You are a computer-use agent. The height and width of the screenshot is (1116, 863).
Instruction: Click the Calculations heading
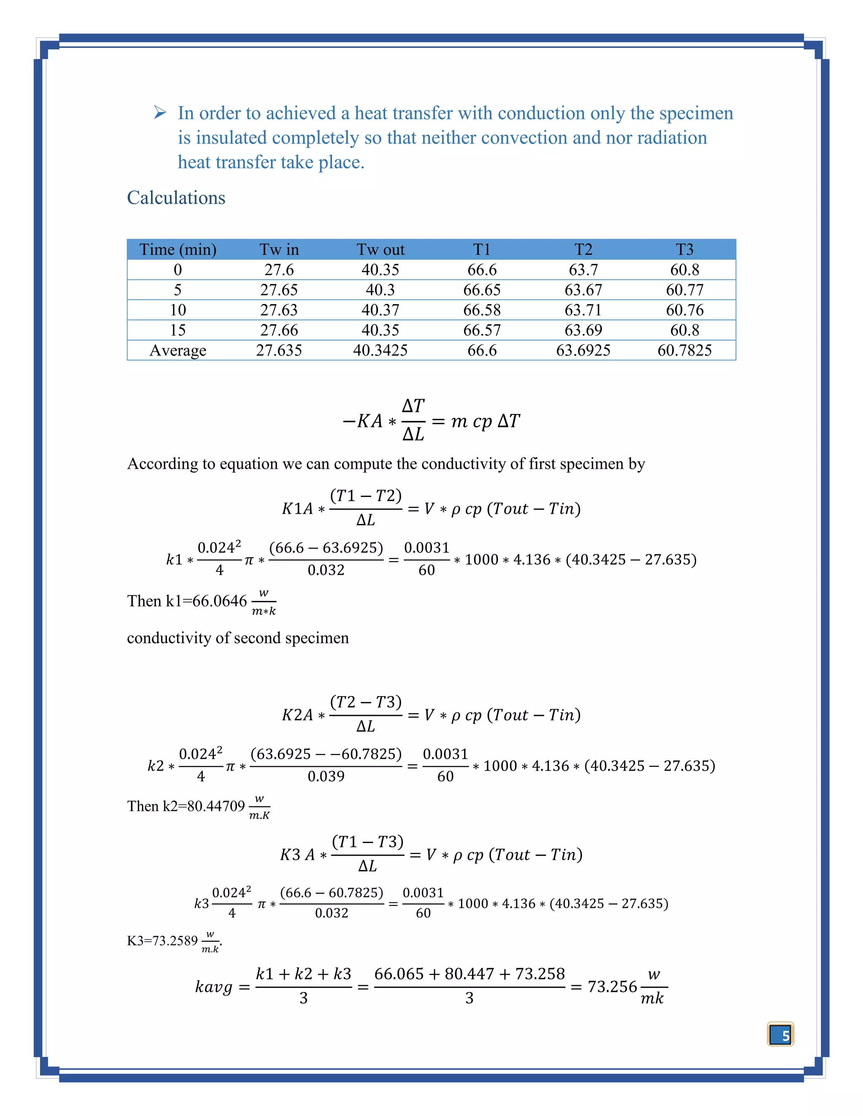tap(176, 198)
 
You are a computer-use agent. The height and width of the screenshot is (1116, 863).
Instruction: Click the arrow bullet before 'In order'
tap(160, 112)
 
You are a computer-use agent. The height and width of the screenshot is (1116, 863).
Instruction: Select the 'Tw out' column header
tap(381, 249)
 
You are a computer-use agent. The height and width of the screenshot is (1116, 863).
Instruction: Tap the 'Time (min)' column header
tap(177, 249)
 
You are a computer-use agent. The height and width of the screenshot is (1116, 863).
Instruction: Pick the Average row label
tap(177, 350)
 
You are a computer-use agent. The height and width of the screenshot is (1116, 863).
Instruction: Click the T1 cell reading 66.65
tap(482, 290)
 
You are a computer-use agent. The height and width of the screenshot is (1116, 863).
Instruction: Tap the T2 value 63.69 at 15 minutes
tap(583, 330)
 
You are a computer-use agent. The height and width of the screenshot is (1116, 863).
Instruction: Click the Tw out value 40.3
tap(381, 290)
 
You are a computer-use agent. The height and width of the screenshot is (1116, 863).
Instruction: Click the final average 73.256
tap(612, 987)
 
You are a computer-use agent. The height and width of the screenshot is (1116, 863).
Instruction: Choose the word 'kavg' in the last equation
tap(214, 987)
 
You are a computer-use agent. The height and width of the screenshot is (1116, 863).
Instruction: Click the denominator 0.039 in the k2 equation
tap(326, 777)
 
